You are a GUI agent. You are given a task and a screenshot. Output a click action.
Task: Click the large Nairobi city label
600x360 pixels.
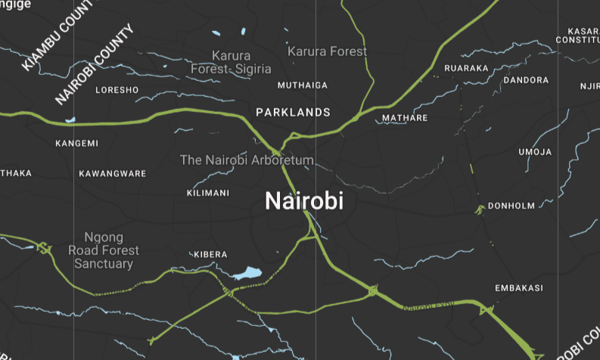click(304, 201)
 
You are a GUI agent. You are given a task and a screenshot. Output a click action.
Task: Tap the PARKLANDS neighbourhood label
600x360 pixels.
click(293, 112)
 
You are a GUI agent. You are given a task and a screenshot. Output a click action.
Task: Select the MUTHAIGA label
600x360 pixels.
click(303, 85)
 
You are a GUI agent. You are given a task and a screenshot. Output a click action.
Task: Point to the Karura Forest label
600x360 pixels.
click(327, 51)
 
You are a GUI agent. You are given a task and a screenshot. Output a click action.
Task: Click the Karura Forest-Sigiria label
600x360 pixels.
click(231, 62)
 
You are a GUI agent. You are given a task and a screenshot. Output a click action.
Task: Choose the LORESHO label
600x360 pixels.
click(117, 90)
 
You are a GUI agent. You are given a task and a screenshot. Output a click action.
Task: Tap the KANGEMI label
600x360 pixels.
click(77, 143)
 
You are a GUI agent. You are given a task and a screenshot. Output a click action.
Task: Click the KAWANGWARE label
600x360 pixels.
click(113, 174)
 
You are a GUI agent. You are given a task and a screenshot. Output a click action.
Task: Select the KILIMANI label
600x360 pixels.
click(207, 193)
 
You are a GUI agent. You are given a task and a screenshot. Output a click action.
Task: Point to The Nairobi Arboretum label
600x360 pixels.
click(246, 160)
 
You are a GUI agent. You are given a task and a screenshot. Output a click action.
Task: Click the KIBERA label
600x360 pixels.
click(210, 253)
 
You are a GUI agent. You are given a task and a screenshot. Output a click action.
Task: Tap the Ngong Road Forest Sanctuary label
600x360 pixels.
click(104, 250)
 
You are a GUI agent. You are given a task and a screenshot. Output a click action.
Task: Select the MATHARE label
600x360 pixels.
click(405, 118)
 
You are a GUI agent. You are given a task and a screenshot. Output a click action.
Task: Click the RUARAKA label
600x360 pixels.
click(467, 68)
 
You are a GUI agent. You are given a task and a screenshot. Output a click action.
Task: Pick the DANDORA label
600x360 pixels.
click(526, 80)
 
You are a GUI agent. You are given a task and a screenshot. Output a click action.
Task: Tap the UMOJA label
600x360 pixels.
click(535, 152)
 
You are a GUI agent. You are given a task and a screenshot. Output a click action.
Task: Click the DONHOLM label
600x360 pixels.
click(511, 206)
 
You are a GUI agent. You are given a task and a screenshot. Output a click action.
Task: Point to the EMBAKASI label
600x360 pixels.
click(519, 288)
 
